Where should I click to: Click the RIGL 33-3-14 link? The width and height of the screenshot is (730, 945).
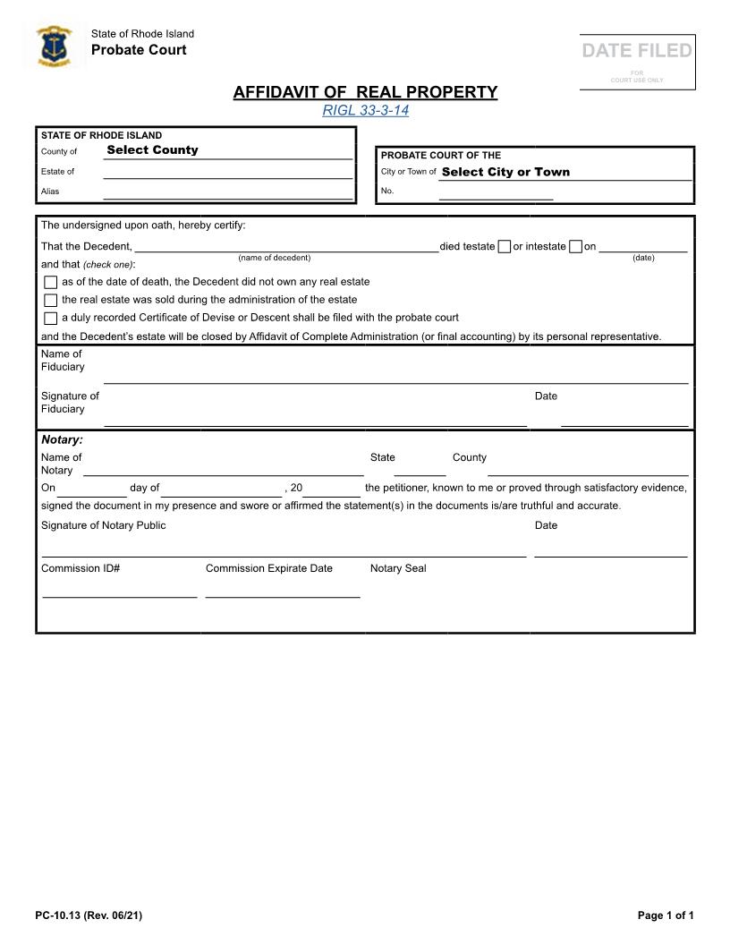click(x=365, y=111)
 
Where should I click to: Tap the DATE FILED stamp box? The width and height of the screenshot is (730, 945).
click(x=637, y=61)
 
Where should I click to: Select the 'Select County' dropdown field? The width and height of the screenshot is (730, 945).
click(x=227, y=150)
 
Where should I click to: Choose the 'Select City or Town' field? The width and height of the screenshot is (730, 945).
click(x=564, y=172)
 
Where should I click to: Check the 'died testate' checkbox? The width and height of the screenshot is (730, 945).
click(x=505, y=247)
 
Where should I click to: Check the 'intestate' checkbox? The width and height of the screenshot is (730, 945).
click(x=576, y=247)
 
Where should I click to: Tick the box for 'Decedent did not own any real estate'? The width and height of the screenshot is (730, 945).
click(x=51, y=283)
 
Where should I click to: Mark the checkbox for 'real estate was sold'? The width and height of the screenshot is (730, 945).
click(x=51, y=301)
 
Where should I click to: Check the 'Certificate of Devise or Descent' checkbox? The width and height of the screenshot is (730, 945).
click(x=51, y=319)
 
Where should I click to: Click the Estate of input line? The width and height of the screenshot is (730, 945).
click(x=227, y=172)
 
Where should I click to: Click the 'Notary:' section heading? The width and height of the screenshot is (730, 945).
click(x=62, y=439)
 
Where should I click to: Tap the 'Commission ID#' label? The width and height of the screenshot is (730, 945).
click(x=81, y=568)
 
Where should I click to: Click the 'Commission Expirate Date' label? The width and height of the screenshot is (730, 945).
click(x=268, y=568)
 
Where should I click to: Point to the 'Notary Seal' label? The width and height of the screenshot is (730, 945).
click(x=398, y=568)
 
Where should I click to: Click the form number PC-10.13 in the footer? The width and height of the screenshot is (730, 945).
click(x=89, y=915)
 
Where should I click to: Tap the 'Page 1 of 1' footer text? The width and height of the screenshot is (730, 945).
click(x=666, y=915)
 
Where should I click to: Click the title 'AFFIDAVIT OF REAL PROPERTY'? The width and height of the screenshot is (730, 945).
click(x=365, y=92)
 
